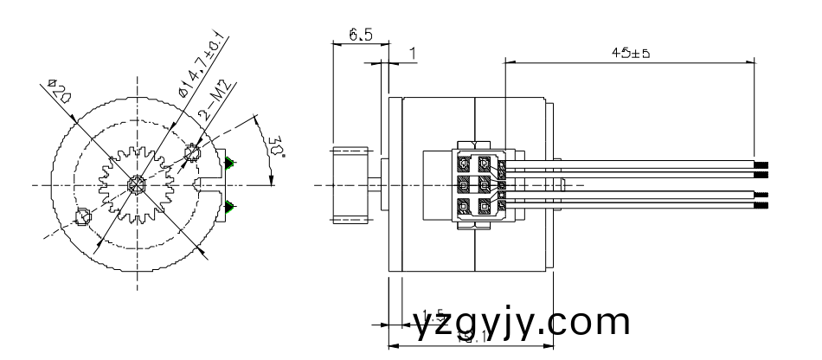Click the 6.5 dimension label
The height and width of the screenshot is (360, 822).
[x=361, y=34]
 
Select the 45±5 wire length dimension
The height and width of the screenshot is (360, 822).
[x=630, y=53]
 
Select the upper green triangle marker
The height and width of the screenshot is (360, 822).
[x=229, y=163]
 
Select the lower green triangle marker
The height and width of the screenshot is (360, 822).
[x=229, y=205]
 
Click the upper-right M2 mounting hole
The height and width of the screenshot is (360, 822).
[x=192, y=154]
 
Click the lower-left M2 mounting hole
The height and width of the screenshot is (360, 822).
[x=83, y=216]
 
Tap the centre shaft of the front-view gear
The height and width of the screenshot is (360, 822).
[x=136, y=184]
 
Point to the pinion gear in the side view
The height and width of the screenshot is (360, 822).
[x=351, y=185]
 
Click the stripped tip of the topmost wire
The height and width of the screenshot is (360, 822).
[x=761, y=164]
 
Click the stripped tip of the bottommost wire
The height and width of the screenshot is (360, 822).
[x=761, y=207]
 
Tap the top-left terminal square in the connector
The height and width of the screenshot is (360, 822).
[x=464, y=163]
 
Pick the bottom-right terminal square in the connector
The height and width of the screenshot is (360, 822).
[x=485, y=207]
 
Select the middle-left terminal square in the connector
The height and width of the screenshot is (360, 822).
[x=464, y=185]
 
